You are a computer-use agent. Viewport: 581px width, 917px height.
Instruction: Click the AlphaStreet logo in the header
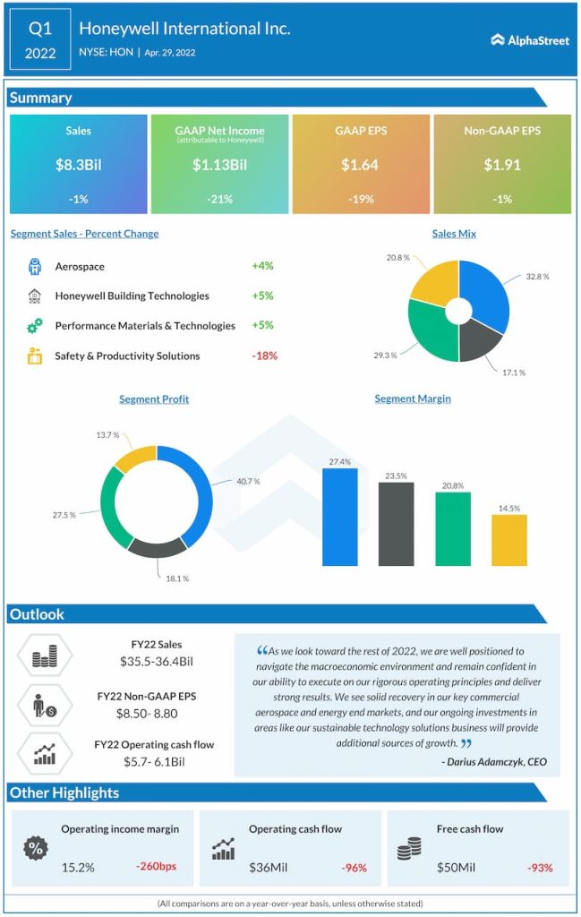(530, 39)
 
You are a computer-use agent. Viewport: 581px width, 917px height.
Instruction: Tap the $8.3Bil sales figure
(78, 165)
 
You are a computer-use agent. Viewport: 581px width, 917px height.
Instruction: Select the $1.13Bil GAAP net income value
(219, 165)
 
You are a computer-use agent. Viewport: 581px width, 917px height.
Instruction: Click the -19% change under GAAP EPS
(361, 199)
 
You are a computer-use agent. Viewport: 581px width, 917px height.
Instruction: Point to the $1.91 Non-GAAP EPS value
(502, 165)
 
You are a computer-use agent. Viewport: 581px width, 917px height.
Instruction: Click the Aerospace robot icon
(35, 266)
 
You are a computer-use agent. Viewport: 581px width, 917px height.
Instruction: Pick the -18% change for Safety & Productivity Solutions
(264, 356)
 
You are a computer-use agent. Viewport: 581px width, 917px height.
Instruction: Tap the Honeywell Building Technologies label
(132, 296)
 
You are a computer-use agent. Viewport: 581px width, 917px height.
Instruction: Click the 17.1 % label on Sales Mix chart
(512, 372)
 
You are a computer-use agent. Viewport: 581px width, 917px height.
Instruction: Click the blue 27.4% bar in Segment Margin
(339, 517)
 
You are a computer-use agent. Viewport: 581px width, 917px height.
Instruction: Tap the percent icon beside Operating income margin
(37, 848)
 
